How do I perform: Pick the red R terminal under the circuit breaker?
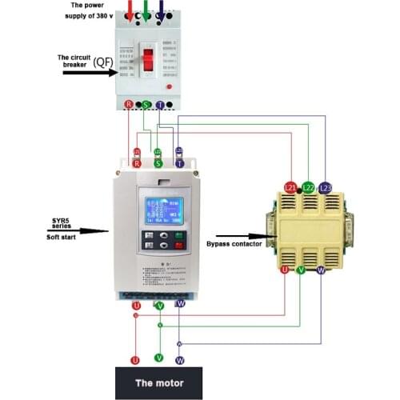pos(130,105)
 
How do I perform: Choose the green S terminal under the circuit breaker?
pos(146,105)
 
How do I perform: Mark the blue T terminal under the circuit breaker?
pos(161,105)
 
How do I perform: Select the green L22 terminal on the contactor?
pos(308,187)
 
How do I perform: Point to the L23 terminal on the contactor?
pos(324,187)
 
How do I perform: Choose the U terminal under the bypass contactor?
pos(283,270)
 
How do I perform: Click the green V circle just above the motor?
pos(158,357)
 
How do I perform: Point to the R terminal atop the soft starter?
pos(137,162)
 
